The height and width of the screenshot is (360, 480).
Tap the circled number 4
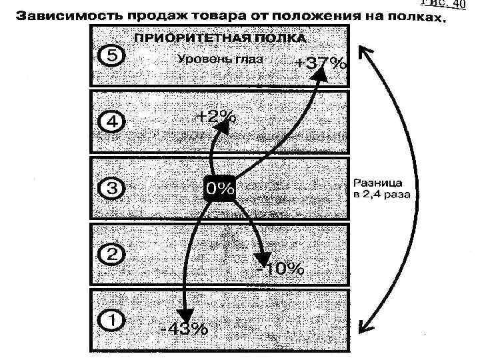pos(111,123)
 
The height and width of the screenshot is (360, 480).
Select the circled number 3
pos(111,189)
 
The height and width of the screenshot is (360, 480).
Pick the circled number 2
pos(111,255)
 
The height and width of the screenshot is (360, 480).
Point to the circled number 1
pos(111,321)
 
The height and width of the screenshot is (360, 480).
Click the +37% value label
pos(321,65)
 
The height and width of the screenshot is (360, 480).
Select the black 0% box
pos(219,189)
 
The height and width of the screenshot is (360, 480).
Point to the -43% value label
pos(183,329)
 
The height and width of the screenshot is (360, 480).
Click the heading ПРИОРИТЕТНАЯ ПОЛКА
pos(221,38)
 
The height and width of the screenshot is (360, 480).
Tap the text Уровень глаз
pos(220,60)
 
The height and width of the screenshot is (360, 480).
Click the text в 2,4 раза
pos(381,195)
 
